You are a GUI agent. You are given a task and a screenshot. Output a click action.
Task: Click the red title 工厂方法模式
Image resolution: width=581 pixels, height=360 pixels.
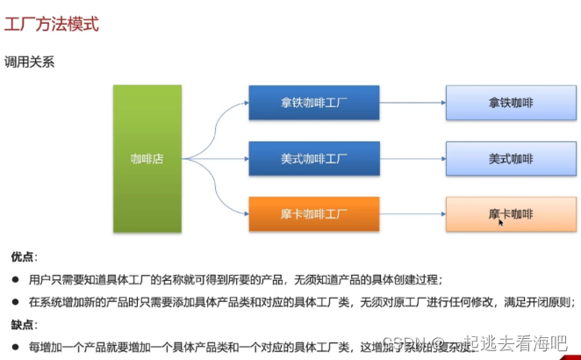[51, 24]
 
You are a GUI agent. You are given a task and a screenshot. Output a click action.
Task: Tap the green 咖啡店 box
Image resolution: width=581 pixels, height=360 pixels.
[147, 159]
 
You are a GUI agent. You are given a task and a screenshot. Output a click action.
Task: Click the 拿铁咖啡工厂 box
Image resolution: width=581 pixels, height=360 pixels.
[313, 103]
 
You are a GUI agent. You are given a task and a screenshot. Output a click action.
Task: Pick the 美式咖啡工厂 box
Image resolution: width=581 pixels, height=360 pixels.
[313, 159]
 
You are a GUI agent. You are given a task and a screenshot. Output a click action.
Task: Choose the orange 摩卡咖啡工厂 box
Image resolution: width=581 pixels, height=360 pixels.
[313, 213]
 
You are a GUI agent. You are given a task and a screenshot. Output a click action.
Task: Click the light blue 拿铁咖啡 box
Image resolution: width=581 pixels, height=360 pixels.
[511, 103]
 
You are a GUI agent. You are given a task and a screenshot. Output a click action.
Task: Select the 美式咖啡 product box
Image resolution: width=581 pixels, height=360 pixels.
[511, 159]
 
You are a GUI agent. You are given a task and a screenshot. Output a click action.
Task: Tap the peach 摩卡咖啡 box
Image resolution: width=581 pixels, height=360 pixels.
[511, 213]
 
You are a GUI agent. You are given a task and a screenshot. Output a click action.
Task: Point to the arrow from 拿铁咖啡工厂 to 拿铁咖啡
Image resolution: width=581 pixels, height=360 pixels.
[412, 103]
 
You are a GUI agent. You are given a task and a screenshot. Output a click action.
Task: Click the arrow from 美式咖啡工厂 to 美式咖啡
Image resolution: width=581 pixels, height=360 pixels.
[412, 159]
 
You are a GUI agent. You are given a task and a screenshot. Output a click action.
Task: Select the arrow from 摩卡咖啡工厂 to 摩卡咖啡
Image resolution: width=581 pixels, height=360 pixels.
[412, 213]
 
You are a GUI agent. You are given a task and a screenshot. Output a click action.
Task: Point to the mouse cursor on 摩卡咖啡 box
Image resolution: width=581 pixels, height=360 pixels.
[501, 222]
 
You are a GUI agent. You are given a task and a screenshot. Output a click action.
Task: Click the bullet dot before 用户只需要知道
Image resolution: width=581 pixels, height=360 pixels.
[15, 279]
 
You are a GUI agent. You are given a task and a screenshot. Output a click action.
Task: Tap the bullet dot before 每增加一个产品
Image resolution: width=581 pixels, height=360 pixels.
[15, 346]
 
